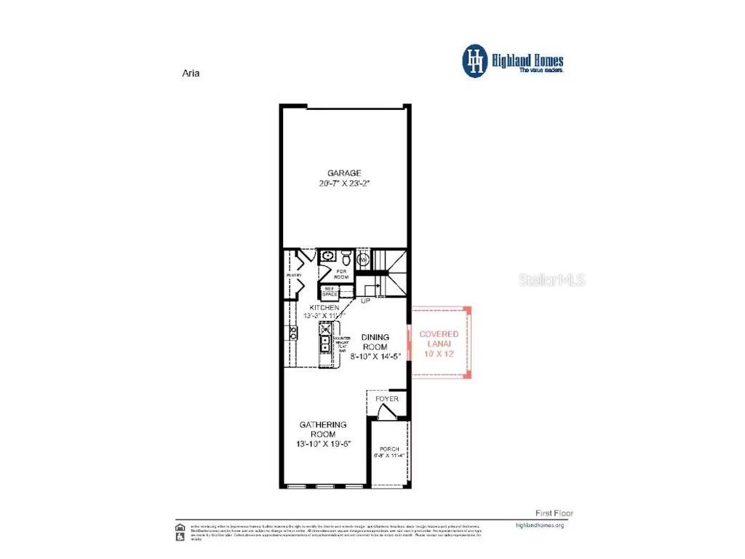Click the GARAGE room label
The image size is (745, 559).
(344, 173)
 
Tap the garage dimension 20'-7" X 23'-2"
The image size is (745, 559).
(344, 183)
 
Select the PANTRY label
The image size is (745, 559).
(294, 276)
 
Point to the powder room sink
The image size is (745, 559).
(327, 256)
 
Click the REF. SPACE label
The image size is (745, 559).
(329, 292)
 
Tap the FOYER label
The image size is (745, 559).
(386, 399)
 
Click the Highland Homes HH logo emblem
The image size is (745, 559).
(475, 60)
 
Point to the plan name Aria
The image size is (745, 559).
(190, 73)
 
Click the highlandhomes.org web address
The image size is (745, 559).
(539, 525)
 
